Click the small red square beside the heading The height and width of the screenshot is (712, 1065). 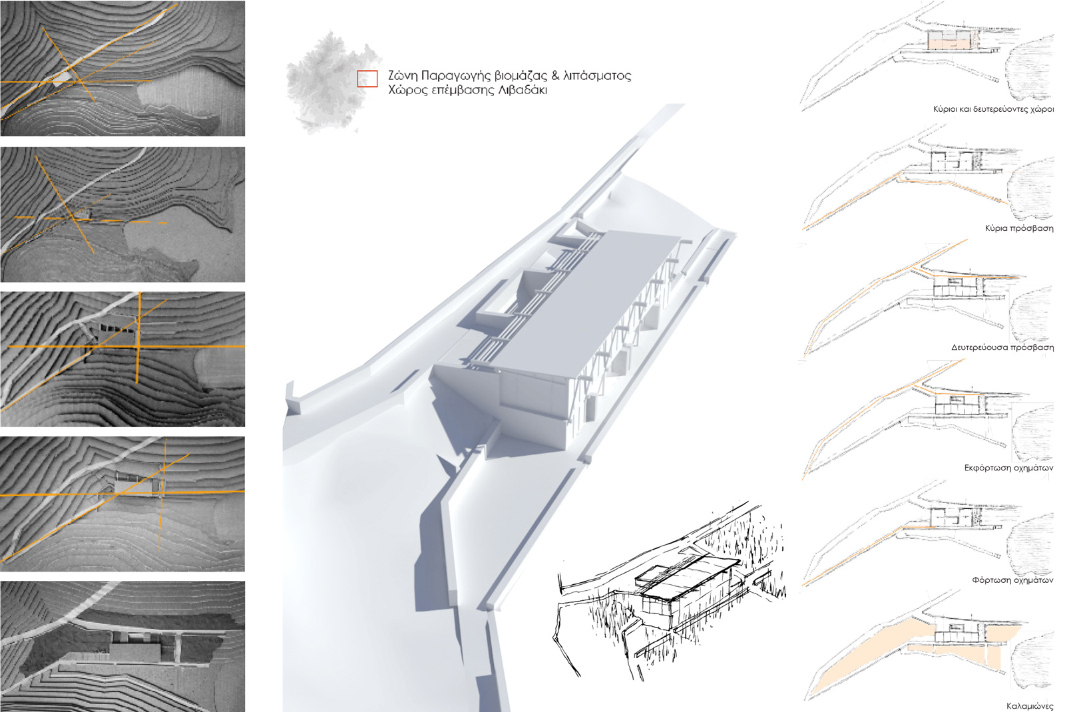[367, 79]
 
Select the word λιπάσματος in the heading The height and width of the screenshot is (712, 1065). [597, 76]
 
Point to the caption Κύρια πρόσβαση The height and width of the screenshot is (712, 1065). [1019, 228]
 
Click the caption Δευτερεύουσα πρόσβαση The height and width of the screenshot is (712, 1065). [1002, 347]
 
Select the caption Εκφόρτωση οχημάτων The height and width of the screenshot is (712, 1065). [1008, 468]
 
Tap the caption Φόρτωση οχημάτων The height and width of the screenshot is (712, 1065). [1012, 580]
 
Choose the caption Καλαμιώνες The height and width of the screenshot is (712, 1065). [1030, 706]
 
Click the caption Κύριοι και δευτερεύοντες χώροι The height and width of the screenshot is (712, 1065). [993, 109]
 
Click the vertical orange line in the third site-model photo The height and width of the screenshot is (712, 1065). [139, 337]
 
